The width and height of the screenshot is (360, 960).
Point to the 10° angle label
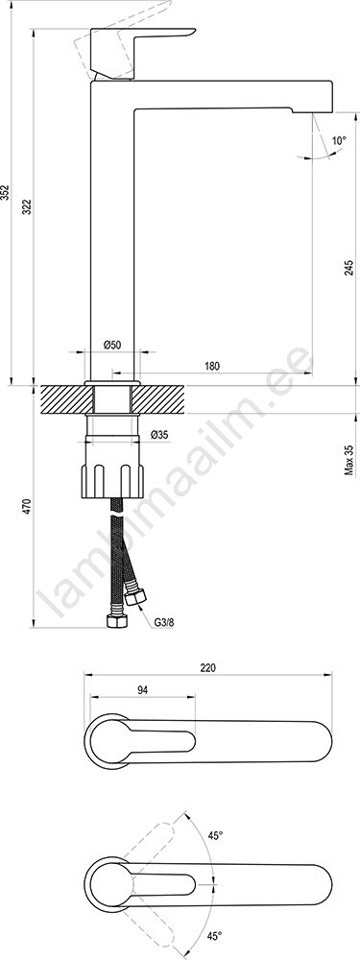339,140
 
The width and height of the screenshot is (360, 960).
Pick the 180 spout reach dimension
212,366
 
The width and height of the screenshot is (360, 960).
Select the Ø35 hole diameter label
159,435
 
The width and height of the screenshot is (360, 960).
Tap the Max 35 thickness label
349,460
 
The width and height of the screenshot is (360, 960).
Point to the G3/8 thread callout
164,623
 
